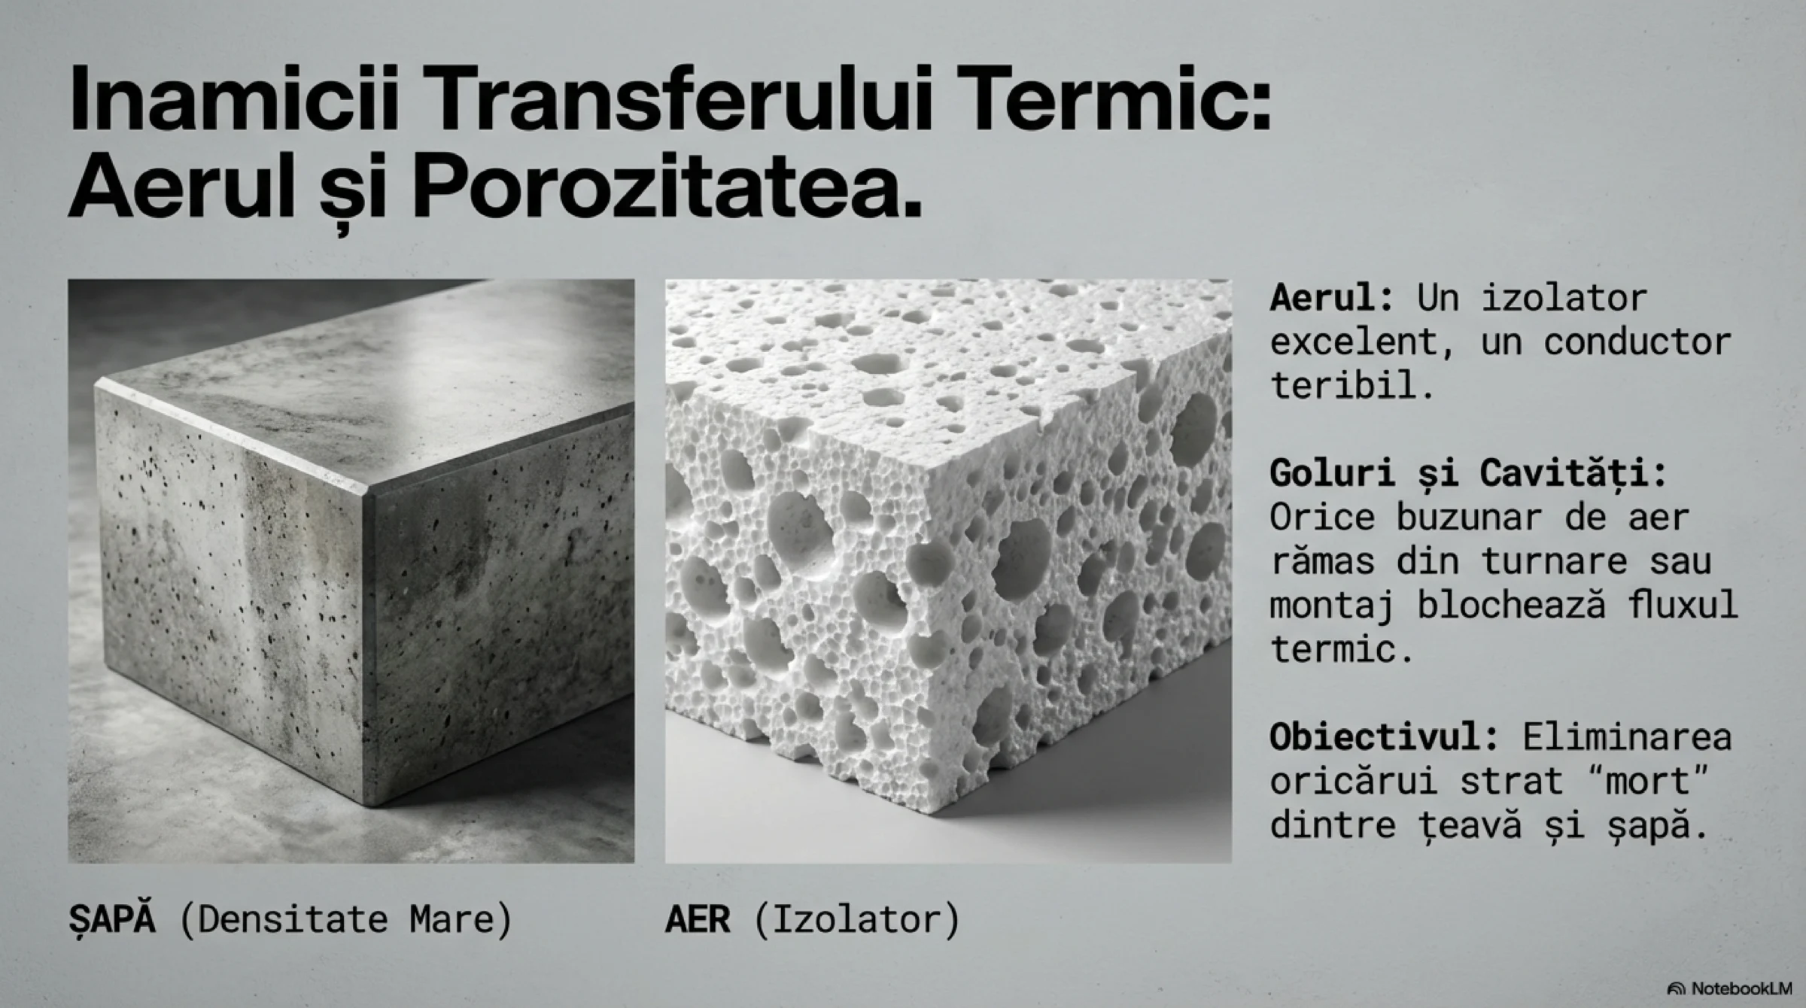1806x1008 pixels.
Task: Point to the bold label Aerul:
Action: point(1331,298)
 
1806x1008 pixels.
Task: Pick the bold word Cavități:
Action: point(1573,475)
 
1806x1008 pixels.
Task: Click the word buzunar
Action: point(1469,518)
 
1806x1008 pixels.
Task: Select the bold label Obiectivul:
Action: point(1384,737)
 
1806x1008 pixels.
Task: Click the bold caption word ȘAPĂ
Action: point(112,918)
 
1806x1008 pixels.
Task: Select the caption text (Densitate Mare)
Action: point(345,919)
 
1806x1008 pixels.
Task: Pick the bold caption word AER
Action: point(698,919)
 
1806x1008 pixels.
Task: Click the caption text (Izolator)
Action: point(856,919)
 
